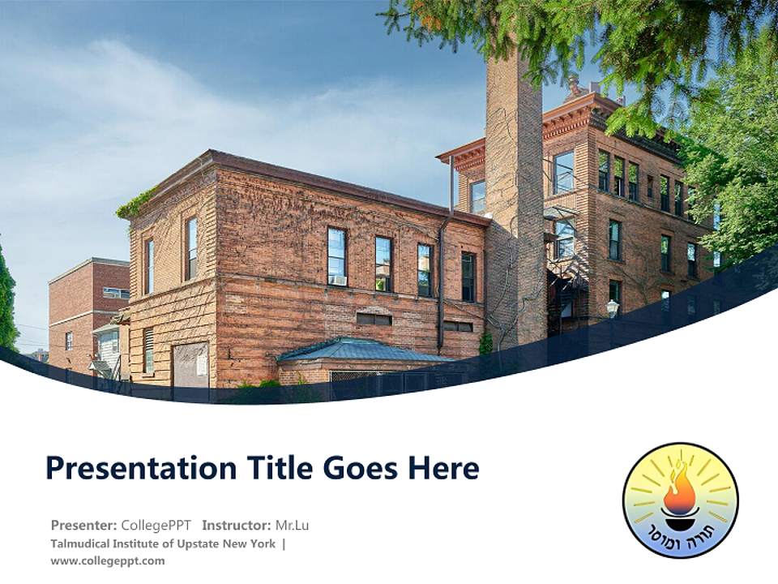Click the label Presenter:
pyautogui.click(x=83, y=525)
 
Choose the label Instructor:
pyautogui.click(x=237, y=525)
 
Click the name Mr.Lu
pyautogui.click(x=292, y=525)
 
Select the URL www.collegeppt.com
pyautogui.click(x=107, y=560)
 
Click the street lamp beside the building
pyautogui.click(x=613, y=307)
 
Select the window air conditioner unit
pyautogui.click(x=337, y=280)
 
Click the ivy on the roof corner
pyautogui.click(x=135, y=204)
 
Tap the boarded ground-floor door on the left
pyautogui.click(x=191, y=364)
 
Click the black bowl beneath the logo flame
pyautogui.click(x=679, y=513)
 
